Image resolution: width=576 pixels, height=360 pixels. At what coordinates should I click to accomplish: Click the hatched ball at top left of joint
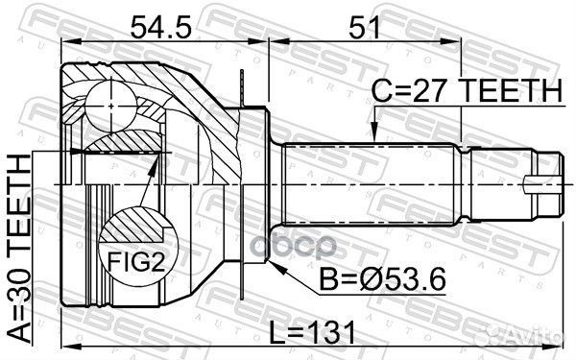point(111,99)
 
